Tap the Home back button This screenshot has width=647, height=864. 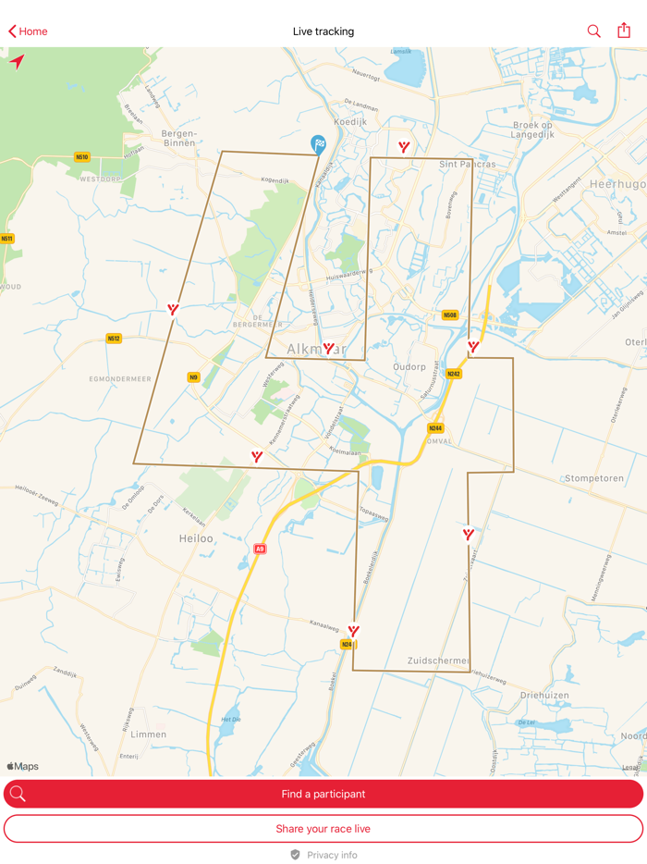point(28,31)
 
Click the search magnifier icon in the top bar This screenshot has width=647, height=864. point(593,31)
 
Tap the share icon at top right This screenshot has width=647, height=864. point(624,31)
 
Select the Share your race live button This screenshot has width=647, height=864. point(323,828)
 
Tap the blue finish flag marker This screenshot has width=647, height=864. point(318,144)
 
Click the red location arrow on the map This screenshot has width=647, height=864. point(17,62)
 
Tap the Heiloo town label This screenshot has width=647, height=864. point(196,537)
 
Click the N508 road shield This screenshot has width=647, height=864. point(449,315)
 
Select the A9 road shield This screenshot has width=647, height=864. point(260,549)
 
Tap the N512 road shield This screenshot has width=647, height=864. point(114,339)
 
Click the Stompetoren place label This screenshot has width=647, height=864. point(594,478)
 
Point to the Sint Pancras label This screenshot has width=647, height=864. point(467,164)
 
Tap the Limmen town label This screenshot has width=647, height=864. point(149,734)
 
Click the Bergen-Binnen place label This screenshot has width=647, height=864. point(178,138)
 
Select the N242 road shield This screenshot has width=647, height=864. point(453,374)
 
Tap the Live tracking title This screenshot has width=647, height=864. point(323,31)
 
